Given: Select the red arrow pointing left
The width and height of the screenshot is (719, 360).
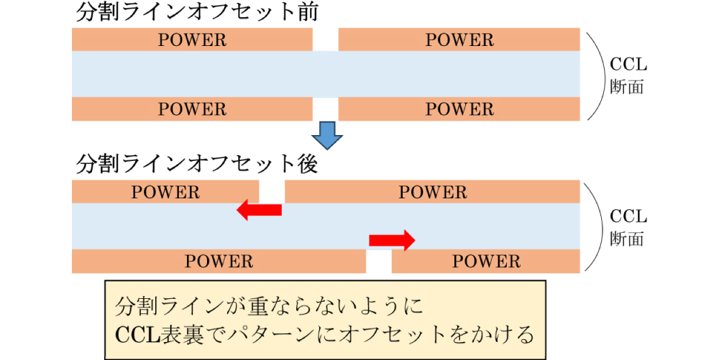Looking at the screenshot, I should coord(260,210).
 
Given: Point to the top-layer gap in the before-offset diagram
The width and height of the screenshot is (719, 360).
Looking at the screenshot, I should coord(326,40).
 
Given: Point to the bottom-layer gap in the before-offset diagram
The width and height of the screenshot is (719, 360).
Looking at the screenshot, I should coord(326,109).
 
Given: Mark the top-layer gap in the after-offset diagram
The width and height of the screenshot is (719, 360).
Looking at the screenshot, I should coord(272,192).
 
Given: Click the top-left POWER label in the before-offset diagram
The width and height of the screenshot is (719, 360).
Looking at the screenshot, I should coord(192,40).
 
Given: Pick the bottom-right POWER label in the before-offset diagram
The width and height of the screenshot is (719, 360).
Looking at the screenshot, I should coord(459,109).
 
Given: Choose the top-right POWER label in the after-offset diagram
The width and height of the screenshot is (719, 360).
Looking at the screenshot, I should coord(433,192).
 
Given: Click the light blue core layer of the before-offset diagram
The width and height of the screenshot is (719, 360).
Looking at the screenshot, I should coord(326,74).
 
